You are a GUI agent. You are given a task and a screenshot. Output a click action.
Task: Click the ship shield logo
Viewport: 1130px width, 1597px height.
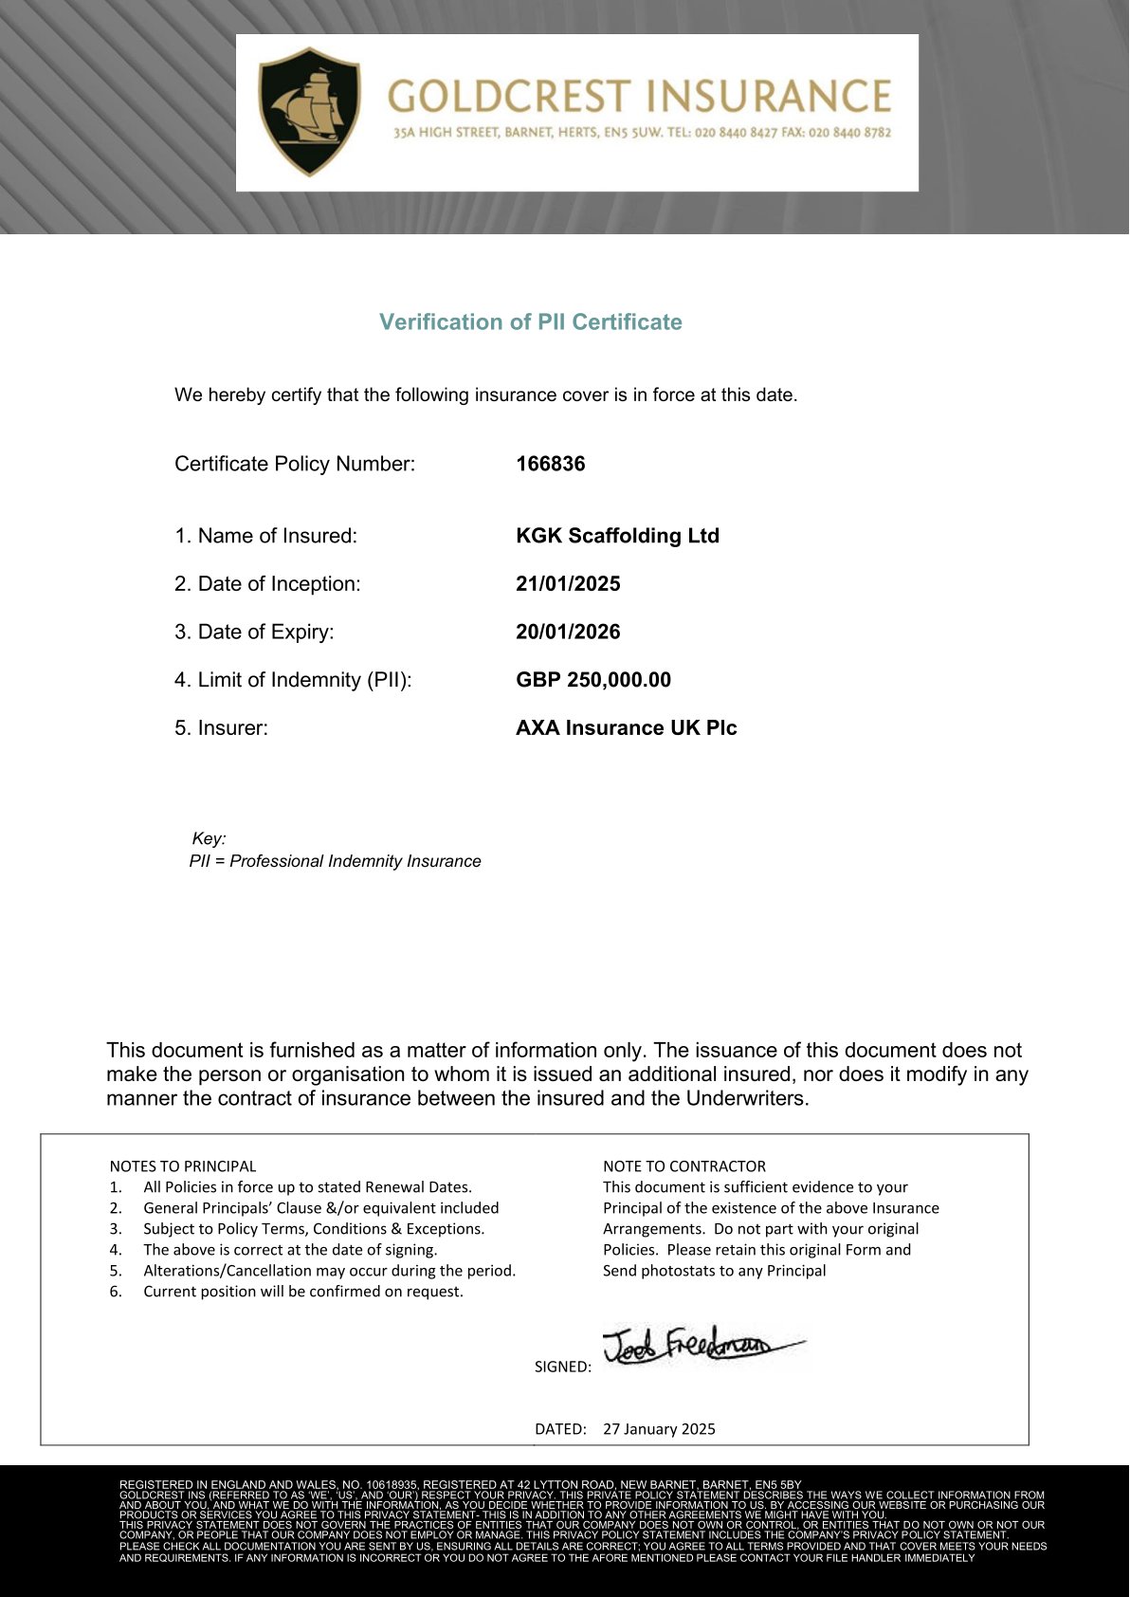coord(309,111)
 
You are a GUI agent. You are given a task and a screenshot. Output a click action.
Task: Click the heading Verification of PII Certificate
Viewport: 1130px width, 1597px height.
coord(530,322)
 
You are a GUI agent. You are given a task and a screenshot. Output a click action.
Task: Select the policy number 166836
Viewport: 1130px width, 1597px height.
coord(550,464)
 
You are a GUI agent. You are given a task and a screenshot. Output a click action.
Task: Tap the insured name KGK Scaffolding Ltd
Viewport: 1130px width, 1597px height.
coord(617,536)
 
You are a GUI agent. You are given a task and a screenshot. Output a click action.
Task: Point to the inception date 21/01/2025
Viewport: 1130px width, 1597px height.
coord(568,584)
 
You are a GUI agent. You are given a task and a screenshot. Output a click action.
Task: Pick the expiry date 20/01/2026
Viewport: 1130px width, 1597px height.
coord(568,632)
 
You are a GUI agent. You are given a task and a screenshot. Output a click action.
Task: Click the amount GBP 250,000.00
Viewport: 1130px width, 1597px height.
coord(592,680)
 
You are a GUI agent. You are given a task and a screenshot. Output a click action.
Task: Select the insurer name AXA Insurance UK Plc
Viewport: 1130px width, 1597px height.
coord(626,728)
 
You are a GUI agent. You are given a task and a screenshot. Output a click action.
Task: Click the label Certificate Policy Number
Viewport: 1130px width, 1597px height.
coord(295,464)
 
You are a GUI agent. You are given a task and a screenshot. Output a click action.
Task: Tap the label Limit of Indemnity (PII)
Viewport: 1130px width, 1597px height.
coord(293,680)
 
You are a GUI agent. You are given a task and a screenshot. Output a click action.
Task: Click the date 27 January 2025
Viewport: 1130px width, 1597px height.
coord(659,1429)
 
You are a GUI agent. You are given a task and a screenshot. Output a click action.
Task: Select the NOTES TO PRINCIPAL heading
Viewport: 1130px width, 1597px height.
coord(183,1166)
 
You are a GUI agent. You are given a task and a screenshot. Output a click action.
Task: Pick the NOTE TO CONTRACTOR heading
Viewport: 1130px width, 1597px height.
coord(683,1166)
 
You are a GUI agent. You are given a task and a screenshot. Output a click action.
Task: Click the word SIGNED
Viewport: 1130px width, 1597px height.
coord(562,1367)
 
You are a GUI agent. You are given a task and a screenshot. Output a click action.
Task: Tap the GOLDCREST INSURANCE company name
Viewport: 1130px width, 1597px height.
coord(640,96)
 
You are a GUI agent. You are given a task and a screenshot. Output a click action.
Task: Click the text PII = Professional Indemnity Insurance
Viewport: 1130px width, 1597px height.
coord(335,861)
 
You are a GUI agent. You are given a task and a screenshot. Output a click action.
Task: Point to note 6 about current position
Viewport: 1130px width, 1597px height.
coord(302,1292)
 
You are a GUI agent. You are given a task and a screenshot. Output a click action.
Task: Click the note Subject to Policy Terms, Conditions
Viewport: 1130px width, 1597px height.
coord(313,1229)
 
